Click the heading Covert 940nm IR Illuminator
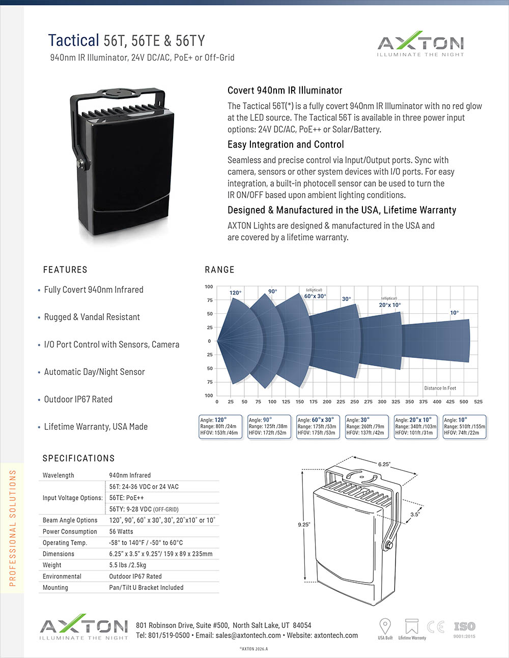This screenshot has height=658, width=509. pyautogui.click(x=285, y=91)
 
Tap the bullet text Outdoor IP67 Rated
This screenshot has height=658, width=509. pyautogui.click(x=78, y=399)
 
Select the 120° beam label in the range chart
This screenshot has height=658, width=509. pyautogui.click(x=235, y=293)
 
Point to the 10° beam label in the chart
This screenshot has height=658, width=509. pyautogui.click(x=454, y=313)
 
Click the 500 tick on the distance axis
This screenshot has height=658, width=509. pyautogui.click(x=464, y=402)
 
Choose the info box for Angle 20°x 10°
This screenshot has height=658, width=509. pyautogui.click(x=415, y=427)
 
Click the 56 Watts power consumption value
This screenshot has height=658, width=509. pyautogui.click(x=121, y=531)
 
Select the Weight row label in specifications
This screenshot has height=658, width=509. pyautogui.click(x=52, y=565)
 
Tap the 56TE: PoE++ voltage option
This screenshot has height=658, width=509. pyautogui.click(x=127, y=498)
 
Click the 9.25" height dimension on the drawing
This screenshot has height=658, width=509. pyautogui.click(x=304, y=524)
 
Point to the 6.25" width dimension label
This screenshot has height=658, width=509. pyautogui.click(x=384, y=464)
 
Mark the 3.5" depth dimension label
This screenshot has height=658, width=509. pyautogui.click(x=415, y=514)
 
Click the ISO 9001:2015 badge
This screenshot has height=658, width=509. pyautogui.click(x=464, y=629)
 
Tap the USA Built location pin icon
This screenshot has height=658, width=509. pyautogui.click(x=385, y=626)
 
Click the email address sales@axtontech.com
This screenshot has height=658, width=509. pyautogui.click(x=248, y=636)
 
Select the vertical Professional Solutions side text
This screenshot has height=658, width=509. pyautogui.click(x=13, y=528)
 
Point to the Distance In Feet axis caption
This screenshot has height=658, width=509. pyautogui.click(x=440, y=388)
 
